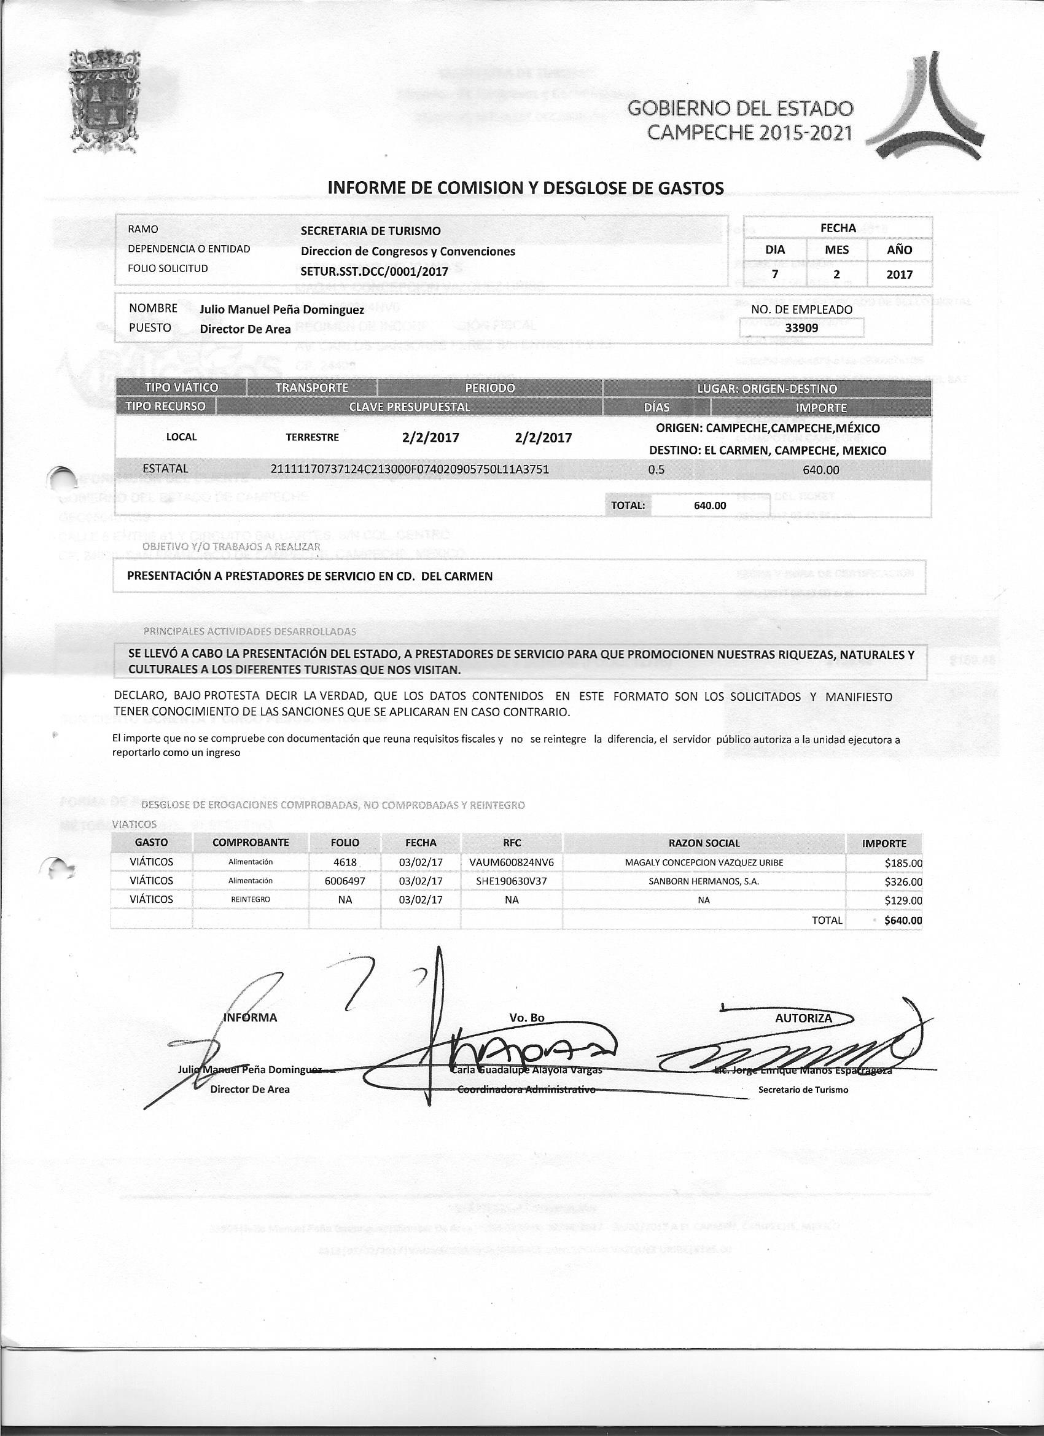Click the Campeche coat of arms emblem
[104, 103]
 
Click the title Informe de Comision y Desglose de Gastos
[525, 187]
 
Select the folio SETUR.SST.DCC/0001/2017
[374, 271]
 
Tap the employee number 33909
[801, 328]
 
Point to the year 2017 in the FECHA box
[899, 274]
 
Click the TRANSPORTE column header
[311, 388]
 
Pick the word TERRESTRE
[312, 437]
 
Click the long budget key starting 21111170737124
[409, 469]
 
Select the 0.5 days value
[656, 470]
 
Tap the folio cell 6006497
[345, 881]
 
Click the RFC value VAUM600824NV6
[512, 862]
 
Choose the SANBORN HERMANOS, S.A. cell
[703, 881]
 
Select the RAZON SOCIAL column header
[704, 843]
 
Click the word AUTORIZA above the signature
[803, 1018]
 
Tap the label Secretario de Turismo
[803, 1090]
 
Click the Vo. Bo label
[527, 1018]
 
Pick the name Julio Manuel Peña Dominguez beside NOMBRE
[282, 310]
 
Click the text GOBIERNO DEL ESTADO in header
[740, 109]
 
